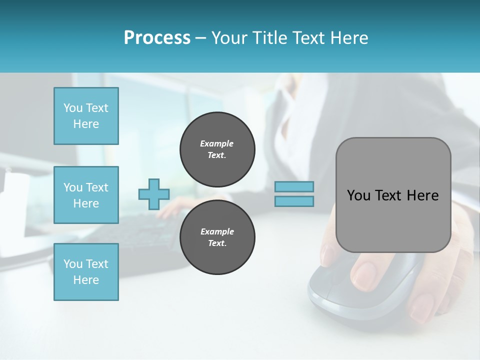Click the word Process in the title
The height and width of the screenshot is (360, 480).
coord(157,37)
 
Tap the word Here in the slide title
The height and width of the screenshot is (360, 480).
coord(349,37)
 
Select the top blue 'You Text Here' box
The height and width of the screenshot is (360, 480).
coord(86,116)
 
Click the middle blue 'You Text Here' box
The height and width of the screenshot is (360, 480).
coord(86,195)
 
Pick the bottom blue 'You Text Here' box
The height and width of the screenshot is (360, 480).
coord(86,272)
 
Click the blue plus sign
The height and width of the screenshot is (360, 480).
coord(154,194)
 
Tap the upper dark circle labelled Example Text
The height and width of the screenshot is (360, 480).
coord(217,149)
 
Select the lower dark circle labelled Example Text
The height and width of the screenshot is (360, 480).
coord(217,237)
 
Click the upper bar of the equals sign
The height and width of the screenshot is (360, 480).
coord(294,187)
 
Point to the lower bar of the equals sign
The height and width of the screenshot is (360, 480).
coord(294,201)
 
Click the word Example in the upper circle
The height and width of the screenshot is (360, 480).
coord(216,143)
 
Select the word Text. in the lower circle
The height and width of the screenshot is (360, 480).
coord(217,243)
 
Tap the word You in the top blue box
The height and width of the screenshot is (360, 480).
coord(72,108)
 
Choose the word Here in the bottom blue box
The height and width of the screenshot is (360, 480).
coord(86,280)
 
